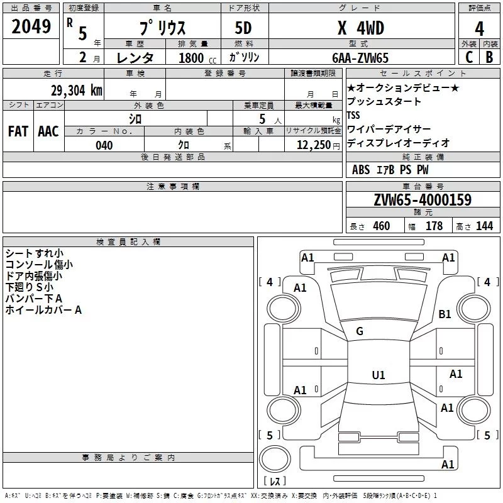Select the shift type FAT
point(18,131)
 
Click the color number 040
point(104,145)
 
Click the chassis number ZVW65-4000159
point(423,200)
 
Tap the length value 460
point(381,226)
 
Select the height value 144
point(484,226)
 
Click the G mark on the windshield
point(360,331)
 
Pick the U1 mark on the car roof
point(378,375)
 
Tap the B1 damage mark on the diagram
point(445,314)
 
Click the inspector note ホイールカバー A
point(43,310)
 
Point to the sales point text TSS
point(354,116)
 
